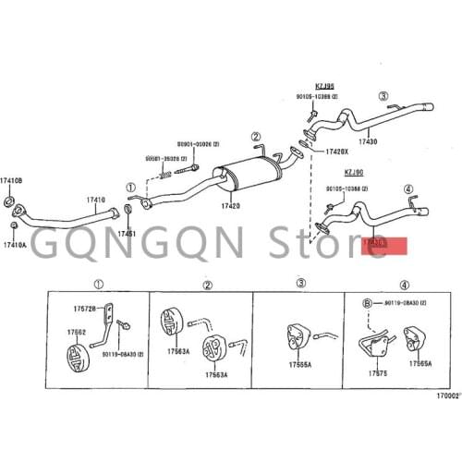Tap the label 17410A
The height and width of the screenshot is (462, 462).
(14, 245)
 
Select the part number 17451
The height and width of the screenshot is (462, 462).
(127, 234)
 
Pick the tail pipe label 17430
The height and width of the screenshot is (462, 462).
(368, 141)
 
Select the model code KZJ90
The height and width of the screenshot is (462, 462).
(354, 172)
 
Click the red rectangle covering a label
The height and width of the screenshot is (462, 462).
(383, 245)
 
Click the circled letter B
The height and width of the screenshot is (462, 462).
(366, 302)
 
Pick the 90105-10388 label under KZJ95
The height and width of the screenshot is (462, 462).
(329, 97)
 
